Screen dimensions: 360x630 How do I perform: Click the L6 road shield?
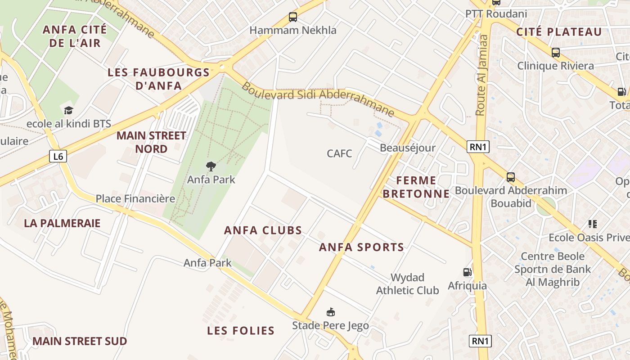58,157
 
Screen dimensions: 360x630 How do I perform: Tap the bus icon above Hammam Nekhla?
293,18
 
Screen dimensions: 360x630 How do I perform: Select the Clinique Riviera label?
555,66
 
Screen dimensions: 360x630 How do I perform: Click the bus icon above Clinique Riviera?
556,53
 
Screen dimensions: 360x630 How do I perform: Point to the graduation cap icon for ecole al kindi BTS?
68,110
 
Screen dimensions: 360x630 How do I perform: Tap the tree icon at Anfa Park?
211,166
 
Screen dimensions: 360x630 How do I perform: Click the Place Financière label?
135,198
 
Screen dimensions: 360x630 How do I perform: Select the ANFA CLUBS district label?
263,230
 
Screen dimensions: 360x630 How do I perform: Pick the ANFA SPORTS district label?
362,247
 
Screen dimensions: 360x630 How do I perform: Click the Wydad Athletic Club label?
407,284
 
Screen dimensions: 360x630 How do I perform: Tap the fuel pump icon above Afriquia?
468,272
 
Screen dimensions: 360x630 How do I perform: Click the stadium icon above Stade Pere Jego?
331,312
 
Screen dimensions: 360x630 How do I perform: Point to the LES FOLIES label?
241,331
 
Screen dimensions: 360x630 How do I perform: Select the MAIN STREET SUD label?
80,341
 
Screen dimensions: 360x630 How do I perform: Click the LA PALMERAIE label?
62,223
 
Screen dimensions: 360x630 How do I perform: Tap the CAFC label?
339,153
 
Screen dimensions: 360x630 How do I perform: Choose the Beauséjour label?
408,148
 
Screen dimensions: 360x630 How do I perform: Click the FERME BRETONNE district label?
423,187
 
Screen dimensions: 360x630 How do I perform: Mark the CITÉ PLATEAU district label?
559,32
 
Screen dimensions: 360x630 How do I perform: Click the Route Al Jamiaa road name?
482,75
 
